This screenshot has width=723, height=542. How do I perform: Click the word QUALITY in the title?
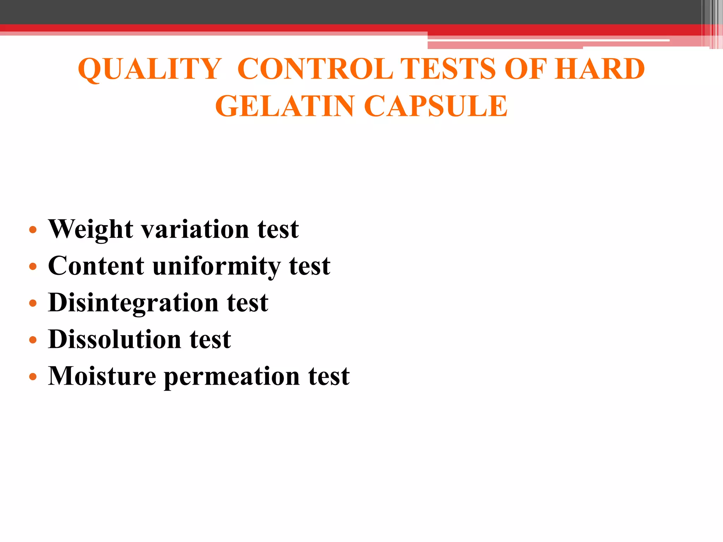coord(149,69)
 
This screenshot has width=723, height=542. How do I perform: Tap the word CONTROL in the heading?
coord(315,69)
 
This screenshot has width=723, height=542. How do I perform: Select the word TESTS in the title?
coord(449,69)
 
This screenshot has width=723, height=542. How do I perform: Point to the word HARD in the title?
coord(600,69)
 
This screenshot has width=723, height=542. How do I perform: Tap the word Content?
coord(96,266)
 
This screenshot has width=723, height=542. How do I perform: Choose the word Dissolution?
coord(114,339)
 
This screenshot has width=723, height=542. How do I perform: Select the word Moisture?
coord(102,376)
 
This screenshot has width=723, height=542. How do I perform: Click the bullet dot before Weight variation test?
coord(33,230)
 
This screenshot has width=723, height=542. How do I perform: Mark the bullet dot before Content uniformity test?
coord(33,267)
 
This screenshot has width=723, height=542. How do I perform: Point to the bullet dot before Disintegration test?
coord(33,303)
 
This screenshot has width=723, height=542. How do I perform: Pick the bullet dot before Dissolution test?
coord(33,340)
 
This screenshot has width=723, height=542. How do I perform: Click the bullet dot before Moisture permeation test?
coord(33,377)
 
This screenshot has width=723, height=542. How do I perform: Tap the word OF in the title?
coord(525,69)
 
